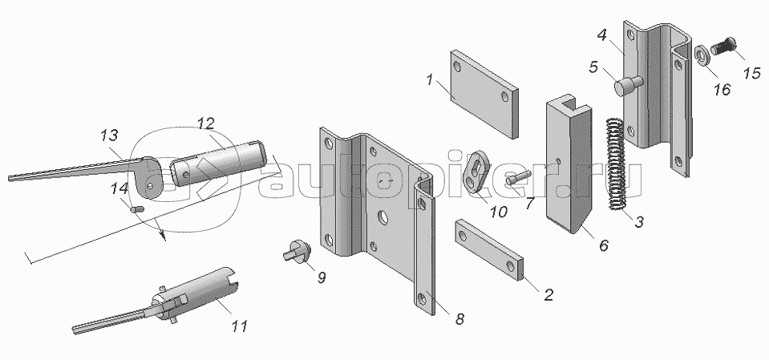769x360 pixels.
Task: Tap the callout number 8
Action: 459,320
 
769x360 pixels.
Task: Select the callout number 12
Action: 206,123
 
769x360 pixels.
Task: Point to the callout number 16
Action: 722,90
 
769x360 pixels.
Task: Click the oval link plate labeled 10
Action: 477,171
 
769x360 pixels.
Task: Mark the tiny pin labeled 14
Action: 136,210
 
